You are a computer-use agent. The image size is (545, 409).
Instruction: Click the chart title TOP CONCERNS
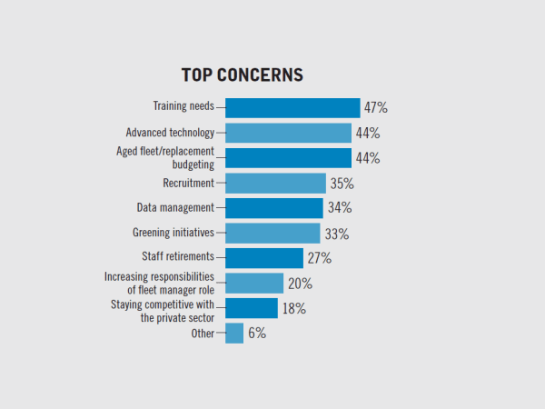tap(242, 75)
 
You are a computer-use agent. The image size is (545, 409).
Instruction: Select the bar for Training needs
tap(292, 108)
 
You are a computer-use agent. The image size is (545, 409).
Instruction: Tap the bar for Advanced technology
tap(288, 133)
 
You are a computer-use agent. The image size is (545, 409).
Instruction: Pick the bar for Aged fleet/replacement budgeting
tap(288, 158)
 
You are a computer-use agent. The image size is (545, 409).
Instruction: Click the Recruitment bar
tap(275, 183)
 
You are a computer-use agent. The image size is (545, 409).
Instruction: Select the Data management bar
tap(273, 208)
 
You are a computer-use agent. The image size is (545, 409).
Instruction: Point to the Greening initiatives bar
tap(272, 234)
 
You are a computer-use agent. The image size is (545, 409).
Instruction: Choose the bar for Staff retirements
tap(263, 258)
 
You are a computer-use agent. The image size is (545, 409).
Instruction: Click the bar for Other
tap(234, 334)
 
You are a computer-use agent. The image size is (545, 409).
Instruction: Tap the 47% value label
tap(376, 108)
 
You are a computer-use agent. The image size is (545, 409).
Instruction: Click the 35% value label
tap(342, 183)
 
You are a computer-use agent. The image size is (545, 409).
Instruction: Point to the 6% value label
tap(257, 334)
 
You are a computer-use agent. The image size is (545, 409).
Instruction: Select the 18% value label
tap(294, 308)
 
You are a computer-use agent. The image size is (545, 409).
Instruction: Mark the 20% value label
tap(298, 284)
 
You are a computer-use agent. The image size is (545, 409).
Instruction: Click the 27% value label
tap(319, 258)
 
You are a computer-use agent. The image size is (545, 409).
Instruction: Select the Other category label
tap(203, 334)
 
